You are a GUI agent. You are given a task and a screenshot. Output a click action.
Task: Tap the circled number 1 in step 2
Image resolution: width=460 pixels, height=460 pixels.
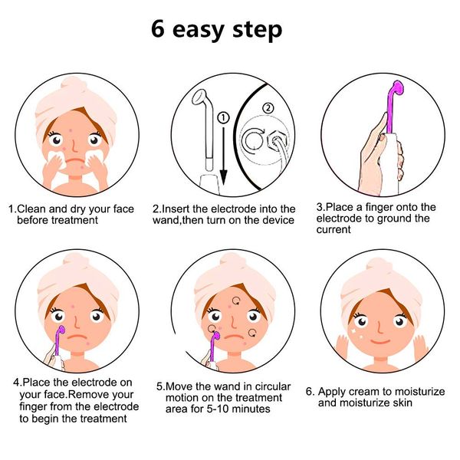222,118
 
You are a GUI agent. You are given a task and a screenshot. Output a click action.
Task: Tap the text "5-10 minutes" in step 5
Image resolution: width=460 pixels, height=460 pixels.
230,409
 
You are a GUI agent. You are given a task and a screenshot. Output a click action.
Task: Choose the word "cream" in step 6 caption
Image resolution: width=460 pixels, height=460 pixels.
365,392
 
